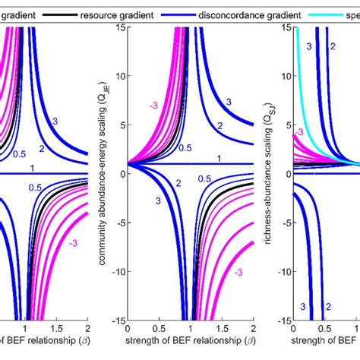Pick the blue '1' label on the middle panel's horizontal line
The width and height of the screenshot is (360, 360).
click(x=219, y=158)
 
